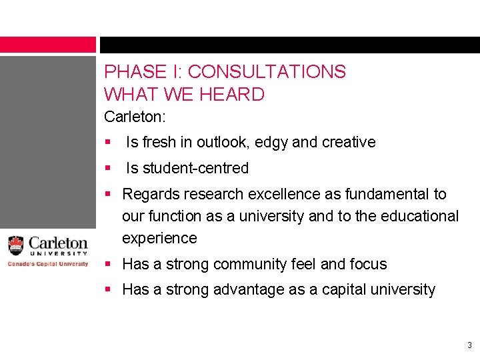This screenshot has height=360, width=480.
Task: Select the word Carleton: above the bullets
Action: pyautogui.click(x=135, y=117)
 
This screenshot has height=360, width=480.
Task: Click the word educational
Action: pyautogui.click(x=420, y=216)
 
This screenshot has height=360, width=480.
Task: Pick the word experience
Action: pyautogui.click(x=159, y=238)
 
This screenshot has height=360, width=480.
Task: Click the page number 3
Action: pyautogui.click(x=469, y=345)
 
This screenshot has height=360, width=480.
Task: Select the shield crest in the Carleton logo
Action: pyautogui.click(x=16, y=245)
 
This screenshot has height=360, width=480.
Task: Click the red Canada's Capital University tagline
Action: pyautogui.click(x=48, y=264)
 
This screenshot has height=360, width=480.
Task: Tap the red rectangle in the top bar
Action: pyautogui.click(x=48, y=45)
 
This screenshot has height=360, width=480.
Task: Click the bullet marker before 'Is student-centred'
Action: pyautogui.click(x=108, y=168)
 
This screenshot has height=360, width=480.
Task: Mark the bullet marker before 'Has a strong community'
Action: pyautogui.click(x=108, y=264)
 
